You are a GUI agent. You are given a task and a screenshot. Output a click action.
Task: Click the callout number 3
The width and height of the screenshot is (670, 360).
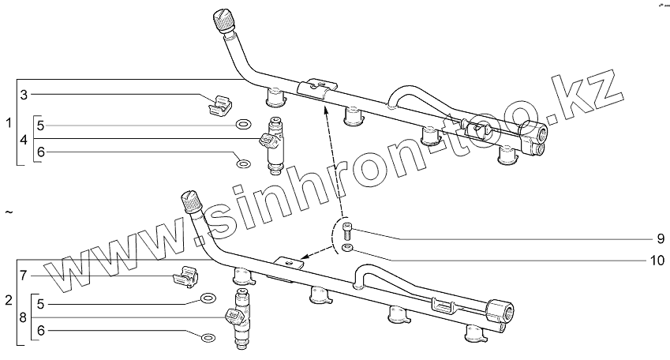24,96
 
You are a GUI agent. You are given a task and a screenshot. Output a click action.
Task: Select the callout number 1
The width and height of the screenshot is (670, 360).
9,124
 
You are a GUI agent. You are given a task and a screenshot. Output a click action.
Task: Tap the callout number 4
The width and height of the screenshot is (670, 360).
24,140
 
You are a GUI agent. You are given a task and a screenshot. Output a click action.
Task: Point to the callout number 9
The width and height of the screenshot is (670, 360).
660,238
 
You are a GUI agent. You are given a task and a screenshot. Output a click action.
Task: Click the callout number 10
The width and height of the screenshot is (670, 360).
657,259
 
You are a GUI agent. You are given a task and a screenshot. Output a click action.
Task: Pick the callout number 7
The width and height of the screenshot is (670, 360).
24,276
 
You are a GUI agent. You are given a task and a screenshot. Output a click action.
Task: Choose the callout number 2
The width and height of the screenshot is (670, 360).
9,302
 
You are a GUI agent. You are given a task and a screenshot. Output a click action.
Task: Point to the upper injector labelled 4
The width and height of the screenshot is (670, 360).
274,144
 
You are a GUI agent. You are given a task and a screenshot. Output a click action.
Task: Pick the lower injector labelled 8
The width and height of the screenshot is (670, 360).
241,319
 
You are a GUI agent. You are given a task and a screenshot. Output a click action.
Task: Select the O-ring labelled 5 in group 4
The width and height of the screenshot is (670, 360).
244,125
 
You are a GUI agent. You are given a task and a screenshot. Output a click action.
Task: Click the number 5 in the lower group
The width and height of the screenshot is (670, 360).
40,302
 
